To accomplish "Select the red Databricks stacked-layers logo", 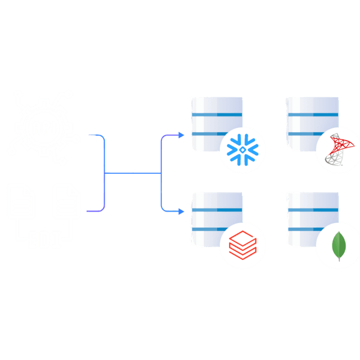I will (x=242, y=245).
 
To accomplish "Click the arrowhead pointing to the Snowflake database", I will (x=181, y=135).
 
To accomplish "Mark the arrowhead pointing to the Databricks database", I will (x=181, y=211).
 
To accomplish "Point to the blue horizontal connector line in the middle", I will (x=133, y=173).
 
